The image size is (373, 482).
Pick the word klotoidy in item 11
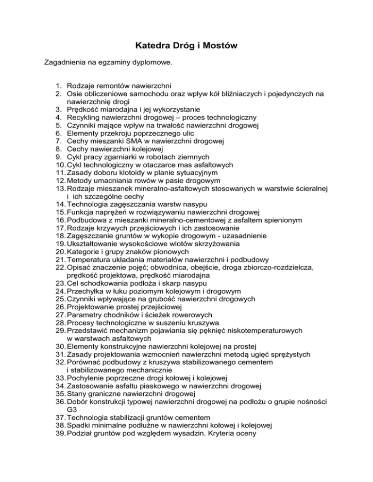127,172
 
